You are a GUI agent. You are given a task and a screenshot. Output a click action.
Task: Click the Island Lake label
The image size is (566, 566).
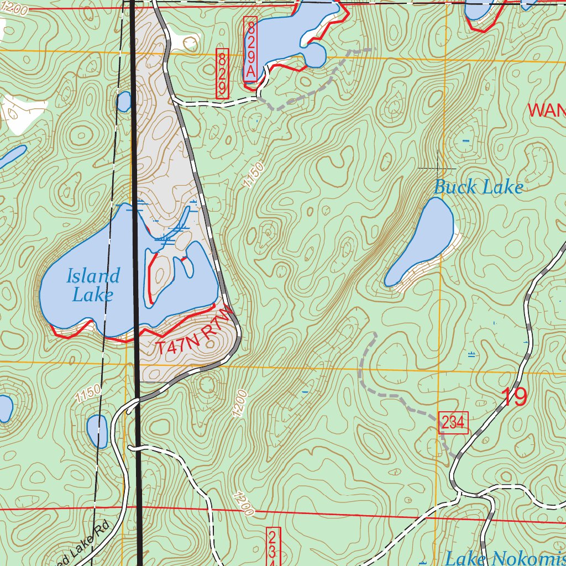(x=93, y=285)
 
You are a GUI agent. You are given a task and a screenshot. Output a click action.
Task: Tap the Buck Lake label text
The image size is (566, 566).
(x=478, y=187)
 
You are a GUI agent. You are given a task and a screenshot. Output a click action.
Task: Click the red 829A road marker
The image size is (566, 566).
(x=250, y=49)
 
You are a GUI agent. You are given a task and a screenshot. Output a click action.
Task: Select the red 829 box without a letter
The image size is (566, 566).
(x=222, y=74)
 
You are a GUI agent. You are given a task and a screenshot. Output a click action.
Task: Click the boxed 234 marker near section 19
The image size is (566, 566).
(x=453, y=423)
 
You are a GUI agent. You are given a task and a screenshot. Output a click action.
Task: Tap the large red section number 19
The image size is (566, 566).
(x=514, y=397)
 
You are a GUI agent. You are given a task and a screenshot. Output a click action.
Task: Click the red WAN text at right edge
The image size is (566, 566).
(x=546, y=110)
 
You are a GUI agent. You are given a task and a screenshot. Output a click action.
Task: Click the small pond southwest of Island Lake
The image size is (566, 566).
(x=97, y=431)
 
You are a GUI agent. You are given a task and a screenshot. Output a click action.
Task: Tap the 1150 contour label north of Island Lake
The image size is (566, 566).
(x=253, y=175)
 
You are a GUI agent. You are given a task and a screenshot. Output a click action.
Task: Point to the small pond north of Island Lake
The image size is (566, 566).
(x=124, y=102)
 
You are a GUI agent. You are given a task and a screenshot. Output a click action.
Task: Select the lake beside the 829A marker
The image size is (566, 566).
(x=282, y=33)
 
